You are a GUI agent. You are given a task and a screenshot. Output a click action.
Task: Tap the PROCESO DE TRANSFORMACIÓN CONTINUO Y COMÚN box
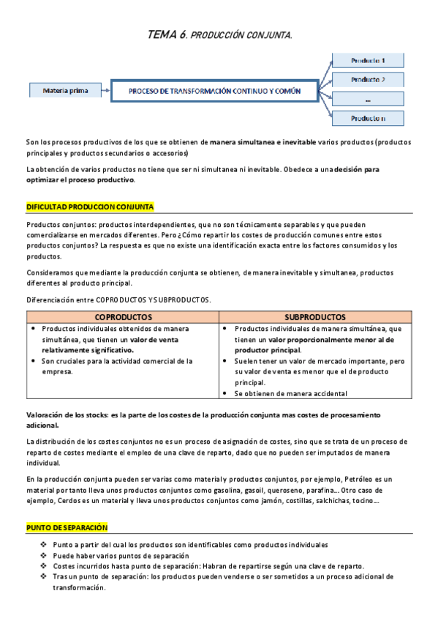(214, 92)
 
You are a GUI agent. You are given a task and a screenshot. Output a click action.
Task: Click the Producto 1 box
(368, 60)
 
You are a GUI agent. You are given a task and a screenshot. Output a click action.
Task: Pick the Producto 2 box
(368, 80)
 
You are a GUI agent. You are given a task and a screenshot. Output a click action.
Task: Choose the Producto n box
(368, 118)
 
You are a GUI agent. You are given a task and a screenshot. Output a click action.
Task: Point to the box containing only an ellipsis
(368, 99)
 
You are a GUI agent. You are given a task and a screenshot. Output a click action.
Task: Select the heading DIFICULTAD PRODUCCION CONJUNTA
(90, 207)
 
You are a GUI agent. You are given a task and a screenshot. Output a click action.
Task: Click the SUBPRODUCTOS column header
(315, 317)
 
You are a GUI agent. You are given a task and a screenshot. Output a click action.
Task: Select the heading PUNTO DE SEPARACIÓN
(67, 527)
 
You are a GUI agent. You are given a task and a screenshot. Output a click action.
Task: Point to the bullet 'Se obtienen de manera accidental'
(291, 393)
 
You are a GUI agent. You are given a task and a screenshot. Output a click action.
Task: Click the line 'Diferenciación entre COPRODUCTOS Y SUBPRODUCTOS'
(118, 300)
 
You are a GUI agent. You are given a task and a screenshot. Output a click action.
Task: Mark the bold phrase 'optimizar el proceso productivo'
(80, 179)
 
